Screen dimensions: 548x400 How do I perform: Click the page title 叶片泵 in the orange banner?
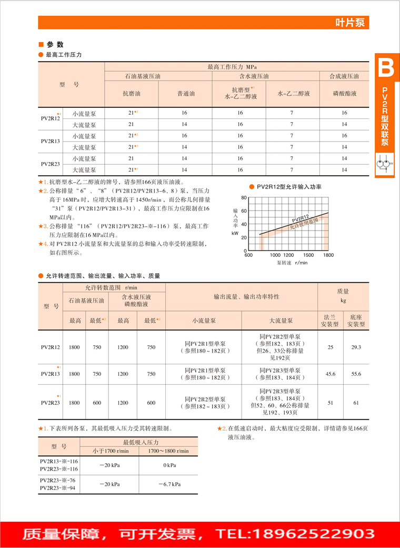click(x=352, y=23)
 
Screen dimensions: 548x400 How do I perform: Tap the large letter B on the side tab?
click(x=386, y=67)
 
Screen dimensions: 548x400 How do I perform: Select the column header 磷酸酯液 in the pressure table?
click(x=344, y=94)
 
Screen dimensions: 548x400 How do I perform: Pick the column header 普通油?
click(x=185, y=94)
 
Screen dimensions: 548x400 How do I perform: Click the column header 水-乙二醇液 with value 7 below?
click(x=291, y=94)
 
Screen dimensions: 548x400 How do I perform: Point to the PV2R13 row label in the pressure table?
click(x=51, y=141)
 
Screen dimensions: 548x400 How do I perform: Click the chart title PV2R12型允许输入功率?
click(x=289, y=187)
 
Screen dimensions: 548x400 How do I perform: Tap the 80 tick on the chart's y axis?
click(x=244, y=198)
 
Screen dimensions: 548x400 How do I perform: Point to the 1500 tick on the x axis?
click(x=307, y=255)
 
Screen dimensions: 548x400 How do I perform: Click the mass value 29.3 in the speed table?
click(x=356, y=347)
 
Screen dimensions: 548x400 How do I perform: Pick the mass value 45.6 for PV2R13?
click(x=331, y=374)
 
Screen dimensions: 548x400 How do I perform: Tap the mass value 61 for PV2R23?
click(x=356, y=403)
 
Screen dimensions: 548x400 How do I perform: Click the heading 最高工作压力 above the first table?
click(x=64, y=55)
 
